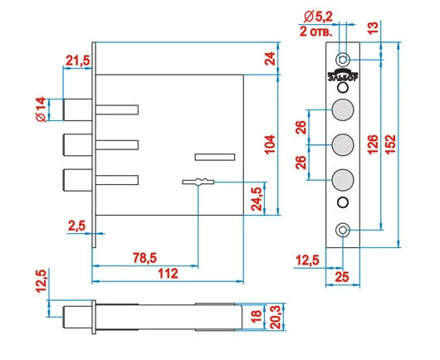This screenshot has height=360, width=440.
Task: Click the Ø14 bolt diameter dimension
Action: coord(41,109)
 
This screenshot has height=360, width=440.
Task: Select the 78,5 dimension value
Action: coord(144,258)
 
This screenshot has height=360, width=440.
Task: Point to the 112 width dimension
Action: coord(168,274)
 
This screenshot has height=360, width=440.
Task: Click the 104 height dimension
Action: coord(270,144)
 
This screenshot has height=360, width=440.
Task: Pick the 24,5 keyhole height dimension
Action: coord(257,199)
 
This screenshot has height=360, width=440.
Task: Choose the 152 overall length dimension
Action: coord(390,144)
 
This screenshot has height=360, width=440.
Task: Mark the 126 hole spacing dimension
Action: coord(374,144)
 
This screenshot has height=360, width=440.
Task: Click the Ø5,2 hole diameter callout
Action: coord(318,17)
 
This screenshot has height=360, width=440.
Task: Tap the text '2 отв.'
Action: coord(316,32)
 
